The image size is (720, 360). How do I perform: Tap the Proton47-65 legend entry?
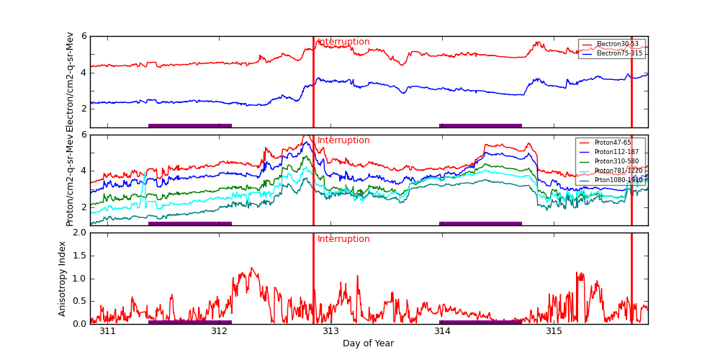click(612, 143)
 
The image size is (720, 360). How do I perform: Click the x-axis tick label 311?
click(107, 331)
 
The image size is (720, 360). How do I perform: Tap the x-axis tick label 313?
click(330, 331)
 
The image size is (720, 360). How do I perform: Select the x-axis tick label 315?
click(554, 331)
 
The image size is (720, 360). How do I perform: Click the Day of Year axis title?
click(368, 343)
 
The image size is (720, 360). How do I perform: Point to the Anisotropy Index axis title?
click(63, 279)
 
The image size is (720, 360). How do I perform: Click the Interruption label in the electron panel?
click(343, 42)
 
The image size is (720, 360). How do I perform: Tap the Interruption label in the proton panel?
click(343, 140)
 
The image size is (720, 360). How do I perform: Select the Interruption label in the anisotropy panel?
click(343, 239)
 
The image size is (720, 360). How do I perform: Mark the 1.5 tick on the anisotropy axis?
click(80, 256)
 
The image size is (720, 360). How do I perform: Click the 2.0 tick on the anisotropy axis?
click(80, 233)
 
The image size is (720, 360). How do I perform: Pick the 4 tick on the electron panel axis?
click(84, 72)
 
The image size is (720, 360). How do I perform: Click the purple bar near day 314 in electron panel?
click(480, 125)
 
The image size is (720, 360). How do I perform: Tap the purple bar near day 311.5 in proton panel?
click(190, 223)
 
